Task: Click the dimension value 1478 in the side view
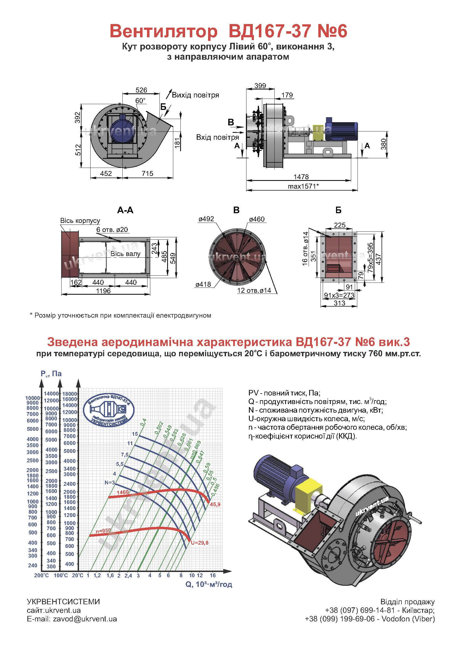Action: coord(301,177)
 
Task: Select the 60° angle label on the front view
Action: coord(140,101)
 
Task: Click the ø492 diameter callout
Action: coord(206,219)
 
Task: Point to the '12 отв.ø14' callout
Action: coord(254,290)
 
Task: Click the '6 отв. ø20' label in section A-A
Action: coord(112,230)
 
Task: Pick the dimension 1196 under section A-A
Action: coord(103,291)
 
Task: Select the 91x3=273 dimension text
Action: coord(339,295)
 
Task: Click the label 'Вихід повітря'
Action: coord(195,95)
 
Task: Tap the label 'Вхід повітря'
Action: coord(217,137)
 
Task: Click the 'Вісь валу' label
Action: coord(125,254)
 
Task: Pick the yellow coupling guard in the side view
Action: coord(318,133)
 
